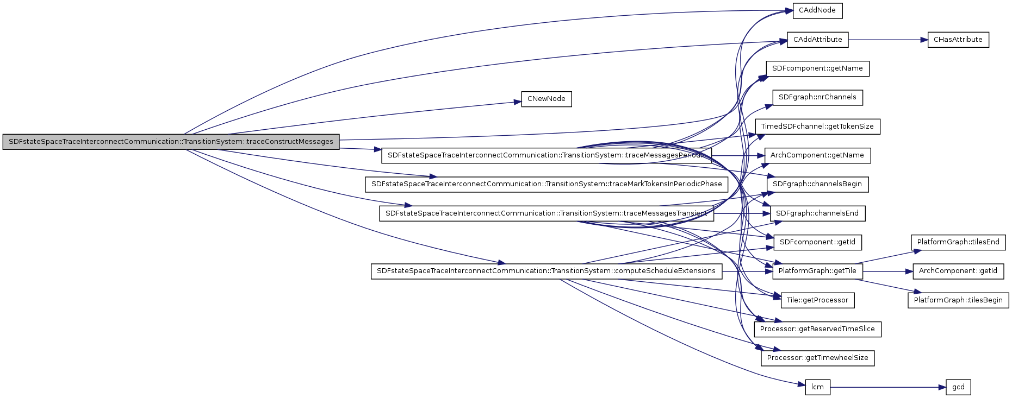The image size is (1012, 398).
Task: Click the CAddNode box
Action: [x=817, y=11]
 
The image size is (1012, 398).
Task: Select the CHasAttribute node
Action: [x=958, y=40]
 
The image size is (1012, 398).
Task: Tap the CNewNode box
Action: [x=546, y=99]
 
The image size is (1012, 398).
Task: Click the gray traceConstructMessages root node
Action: [x=171, y=142]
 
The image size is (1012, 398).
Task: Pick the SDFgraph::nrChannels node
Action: [x=817, y=98]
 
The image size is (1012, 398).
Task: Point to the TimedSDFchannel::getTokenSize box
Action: [x=817, y=127]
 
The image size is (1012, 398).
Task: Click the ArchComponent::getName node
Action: [x=817, y=155]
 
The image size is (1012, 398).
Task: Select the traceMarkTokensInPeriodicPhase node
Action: [x=546, y=184]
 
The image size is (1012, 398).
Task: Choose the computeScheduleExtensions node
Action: [x=546, y=271]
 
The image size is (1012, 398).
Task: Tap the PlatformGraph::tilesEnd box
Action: [x=958, y=242]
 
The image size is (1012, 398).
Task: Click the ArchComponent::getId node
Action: [x=958, y=271]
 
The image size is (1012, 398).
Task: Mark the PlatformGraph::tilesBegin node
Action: [x=958, y=300]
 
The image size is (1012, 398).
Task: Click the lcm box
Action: [x=817, y=387]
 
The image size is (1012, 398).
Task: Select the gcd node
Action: [x=958, y=387]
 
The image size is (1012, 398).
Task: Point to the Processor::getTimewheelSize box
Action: [x=817, y=358]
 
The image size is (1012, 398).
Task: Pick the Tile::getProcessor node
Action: [x=817, y=300]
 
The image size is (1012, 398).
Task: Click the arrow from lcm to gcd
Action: [x=886, y=387]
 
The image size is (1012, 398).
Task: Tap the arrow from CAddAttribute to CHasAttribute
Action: [x=886, y=40]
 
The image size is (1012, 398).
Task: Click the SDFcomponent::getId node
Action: [x=817, y=242]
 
